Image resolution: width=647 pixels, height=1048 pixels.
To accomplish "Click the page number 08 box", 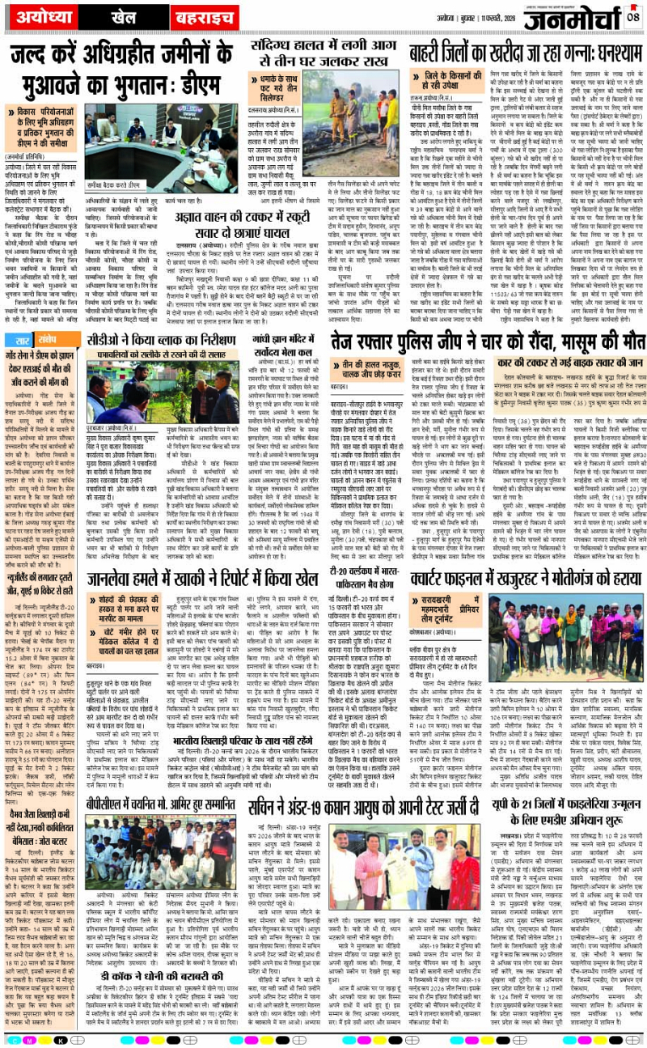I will (x=632, y=15).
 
